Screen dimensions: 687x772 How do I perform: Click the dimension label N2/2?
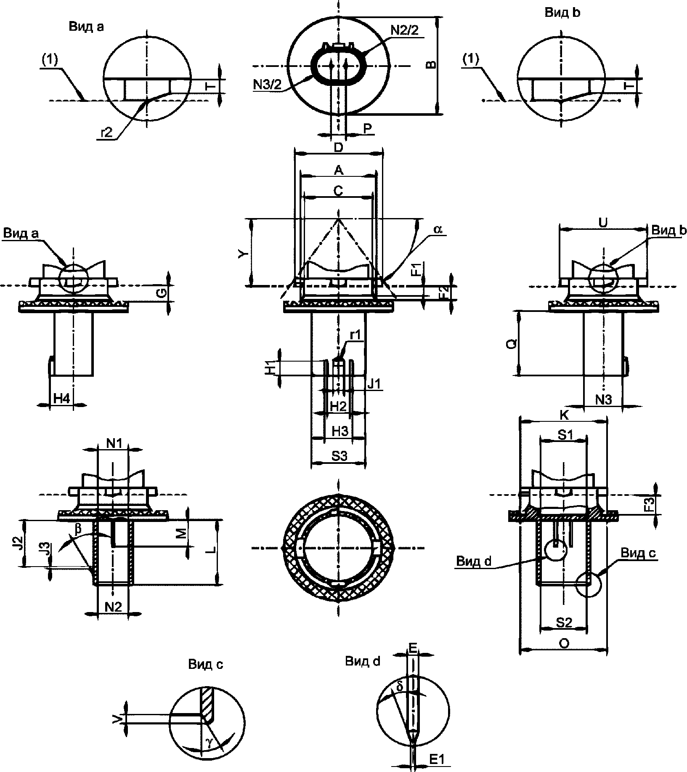click(405, 31)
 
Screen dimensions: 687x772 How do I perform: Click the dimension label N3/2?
click(267, 84)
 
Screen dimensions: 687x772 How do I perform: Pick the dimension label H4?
click(62, 398)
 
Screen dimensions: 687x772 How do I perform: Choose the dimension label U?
click(603, 223)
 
